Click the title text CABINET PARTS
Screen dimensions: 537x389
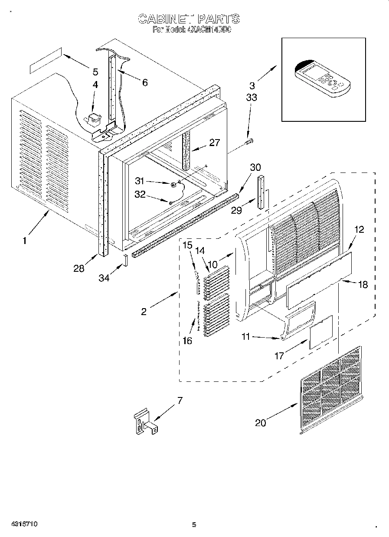point(188,19)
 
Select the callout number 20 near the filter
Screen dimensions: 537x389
point(260,423)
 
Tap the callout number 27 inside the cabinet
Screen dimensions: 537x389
point(214,142)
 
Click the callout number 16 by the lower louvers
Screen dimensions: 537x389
point(187,341)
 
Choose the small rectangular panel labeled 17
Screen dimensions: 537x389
point(321,332)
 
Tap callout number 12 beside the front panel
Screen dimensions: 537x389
point(359,230)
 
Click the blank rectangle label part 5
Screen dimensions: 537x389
point(45,62)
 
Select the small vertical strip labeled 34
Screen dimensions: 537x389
point(125,261)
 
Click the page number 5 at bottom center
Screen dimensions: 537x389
point(194,525)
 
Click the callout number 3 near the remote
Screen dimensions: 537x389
point(252,86)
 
